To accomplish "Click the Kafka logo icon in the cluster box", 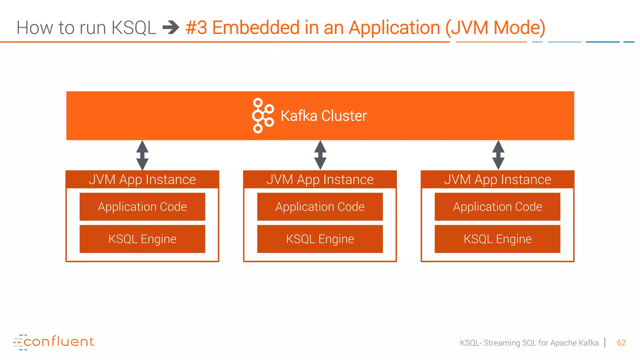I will point(262,116).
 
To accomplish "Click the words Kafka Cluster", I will point(323,116).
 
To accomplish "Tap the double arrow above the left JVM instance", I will point(142,155).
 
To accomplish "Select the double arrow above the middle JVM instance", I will point(320,155).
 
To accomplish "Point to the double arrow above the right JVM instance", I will point(498,155).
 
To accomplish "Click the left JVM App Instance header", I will point(142,180).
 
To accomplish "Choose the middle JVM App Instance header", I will point(320,180).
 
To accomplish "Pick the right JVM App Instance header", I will point(497,180).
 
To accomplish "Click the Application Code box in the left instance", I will point(142,207).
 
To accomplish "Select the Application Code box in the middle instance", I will point(320,207).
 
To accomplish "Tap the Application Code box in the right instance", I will point(497,207).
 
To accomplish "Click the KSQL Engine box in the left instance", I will point(142,239).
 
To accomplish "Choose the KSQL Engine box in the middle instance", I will point(320,239).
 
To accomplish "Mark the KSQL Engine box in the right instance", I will point(497,239).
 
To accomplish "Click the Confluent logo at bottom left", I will point(54,342).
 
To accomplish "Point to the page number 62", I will point(621,343).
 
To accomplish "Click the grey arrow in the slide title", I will point(171,27).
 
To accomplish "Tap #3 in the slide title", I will point(196,27).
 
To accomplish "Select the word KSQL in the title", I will point(134,27).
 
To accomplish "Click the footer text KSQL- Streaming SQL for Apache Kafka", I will point(529,343).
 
